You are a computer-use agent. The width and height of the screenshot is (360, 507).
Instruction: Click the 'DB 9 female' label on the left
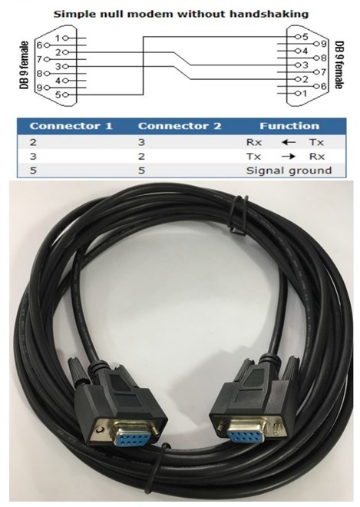[x=24, y=65]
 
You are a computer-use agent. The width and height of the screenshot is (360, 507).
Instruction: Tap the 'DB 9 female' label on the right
[x=339, y=65]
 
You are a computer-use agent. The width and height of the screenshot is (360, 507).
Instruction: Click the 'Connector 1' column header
[x=71, y=126]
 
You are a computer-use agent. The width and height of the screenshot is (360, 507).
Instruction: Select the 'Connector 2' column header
[x=180, y=126]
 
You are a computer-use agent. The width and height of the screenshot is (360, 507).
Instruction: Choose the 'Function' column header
[x=289, y=126]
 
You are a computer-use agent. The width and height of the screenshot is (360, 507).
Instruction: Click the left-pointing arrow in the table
[x=289, y=142]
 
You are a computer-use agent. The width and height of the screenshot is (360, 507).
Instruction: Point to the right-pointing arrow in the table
[x=289, y=157]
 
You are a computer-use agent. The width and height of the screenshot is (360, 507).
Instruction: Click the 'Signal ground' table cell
[x=289, y=171]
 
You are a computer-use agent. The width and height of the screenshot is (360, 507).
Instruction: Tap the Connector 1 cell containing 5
[x=33, y=171]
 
